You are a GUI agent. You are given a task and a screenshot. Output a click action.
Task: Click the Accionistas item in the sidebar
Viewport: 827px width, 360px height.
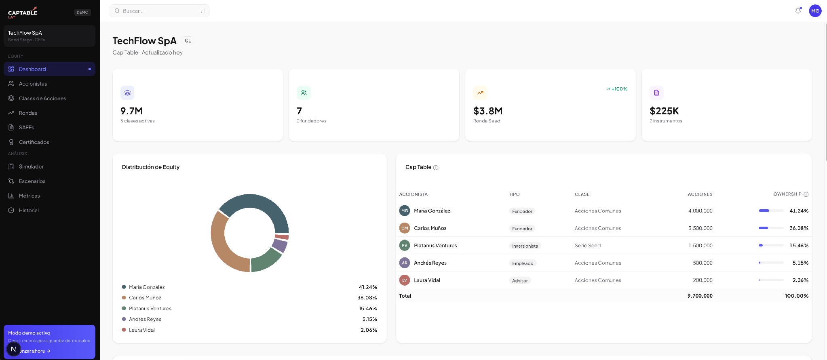[x=33, y=84]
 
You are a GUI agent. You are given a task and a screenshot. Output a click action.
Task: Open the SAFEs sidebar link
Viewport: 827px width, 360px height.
[x=26, y=127]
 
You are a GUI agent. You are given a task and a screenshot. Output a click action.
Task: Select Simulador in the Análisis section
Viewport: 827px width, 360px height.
[x=31, y=166]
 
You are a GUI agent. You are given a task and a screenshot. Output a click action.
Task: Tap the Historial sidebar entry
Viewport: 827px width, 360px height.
[x=29, y=210]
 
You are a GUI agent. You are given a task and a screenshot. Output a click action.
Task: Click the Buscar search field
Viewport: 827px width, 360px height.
[x=159, y=11]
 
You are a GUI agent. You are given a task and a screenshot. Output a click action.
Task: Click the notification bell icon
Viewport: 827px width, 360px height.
[x=798, y=11]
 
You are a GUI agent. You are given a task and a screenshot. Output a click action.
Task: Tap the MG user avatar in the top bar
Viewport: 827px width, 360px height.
[x=815, y=11]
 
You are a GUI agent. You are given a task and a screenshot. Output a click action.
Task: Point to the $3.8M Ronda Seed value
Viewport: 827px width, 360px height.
[x=488, y=111]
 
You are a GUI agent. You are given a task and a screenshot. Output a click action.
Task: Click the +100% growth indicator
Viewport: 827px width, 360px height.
[x=617, y=89]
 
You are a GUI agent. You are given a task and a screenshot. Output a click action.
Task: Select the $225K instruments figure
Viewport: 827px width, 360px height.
[x=664, y=111]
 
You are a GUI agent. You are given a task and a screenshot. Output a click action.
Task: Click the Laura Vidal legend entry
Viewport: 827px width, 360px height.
[x=142, y=330]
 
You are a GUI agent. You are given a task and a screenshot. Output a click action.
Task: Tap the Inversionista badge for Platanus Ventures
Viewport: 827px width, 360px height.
[x=525, y=246]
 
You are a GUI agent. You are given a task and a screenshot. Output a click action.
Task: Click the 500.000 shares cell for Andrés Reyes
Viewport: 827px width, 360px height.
[x=703, y=263]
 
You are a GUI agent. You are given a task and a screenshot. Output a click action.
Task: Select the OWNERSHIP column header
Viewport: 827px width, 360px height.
[x=787, y=194]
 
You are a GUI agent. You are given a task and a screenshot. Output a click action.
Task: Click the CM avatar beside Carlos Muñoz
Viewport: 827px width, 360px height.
[x=405, y=228]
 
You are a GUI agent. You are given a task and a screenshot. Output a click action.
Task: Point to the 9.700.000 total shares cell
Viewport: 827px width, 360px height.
[x=700, y=296]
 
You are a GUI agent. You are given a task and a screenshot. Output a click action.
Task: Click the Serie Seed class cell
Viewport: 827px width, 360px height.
[x=588, y=245]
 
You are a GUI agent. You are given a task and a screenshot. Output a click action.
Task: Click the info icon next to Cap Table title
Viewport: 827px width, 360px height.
[x=436, y=168]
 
